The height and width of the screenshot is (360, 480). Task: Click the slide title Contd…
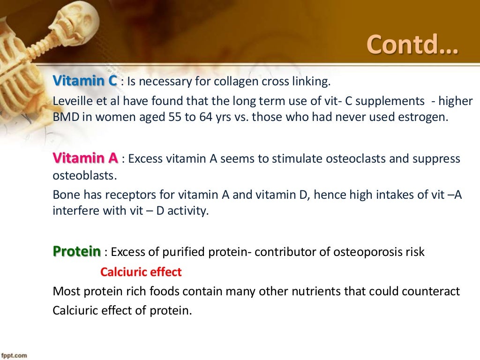[x=412, y=44]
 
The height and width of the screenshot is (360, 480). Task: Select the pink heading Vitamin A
[x=85, y=158]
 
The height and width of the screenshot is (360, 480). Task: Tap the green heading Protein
[x=76, y=252]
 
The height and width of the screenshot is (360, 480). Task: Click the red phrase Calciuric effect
[x=141, y=272]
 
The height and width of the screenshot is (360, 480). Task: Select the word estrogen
[x=424, y=117]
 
